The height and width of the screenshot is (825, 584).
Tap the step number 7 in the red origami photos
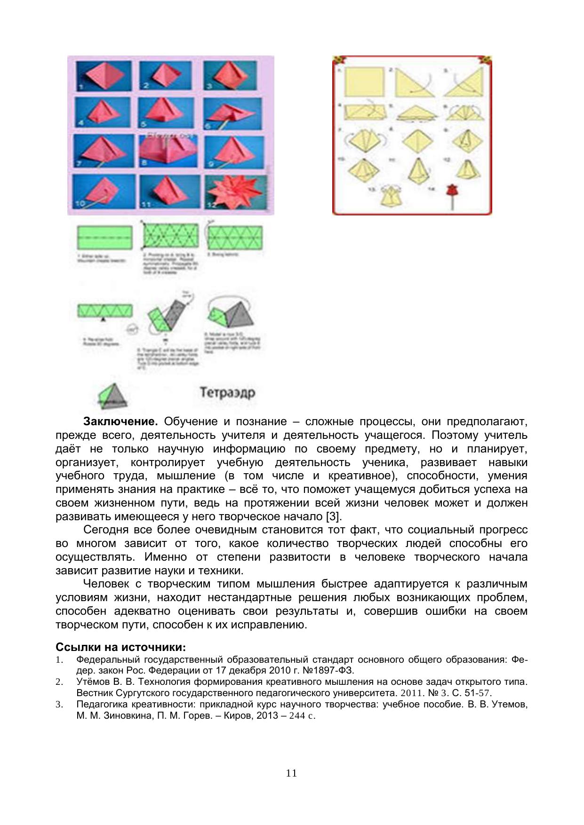click(79, 164)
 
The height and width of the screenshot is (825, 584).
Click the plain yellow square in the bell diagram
click(364, 82)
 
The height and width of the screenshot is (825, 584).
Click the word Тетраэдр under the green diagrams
click(227, 392)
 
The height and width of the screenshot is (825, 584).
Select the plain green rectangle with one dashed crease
click(105, 238)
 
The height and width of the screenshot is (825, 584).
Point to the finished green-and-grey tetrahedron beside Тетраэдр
click(113, 396)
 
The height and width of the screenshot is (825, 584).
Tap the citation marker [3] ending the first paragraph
click(333, 516)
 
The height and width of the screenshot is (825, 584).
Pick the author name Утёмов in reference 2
click(94, 682)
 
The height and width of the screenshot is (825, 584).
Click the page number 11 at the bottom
click(291, 773)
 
